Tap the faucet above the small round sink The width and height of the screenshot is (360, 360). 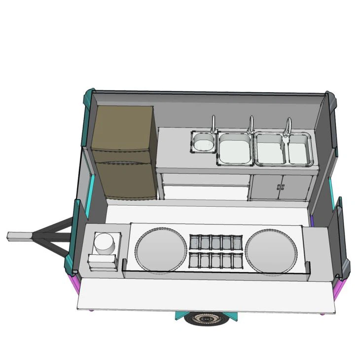point(214,124)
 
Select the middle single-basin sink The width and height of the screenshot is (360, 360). point(234,149)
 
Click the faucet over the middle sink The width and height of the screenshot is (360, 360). point(251,124)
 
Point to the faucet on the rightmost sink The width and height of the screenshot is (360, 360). point(287,126)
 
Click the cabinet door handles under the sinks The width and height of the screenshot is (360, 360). point(281,187)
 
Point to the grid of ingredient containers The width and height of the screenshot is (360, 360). point(216,251)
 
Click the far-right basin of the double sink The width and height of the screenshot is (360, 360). point(299,150)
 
